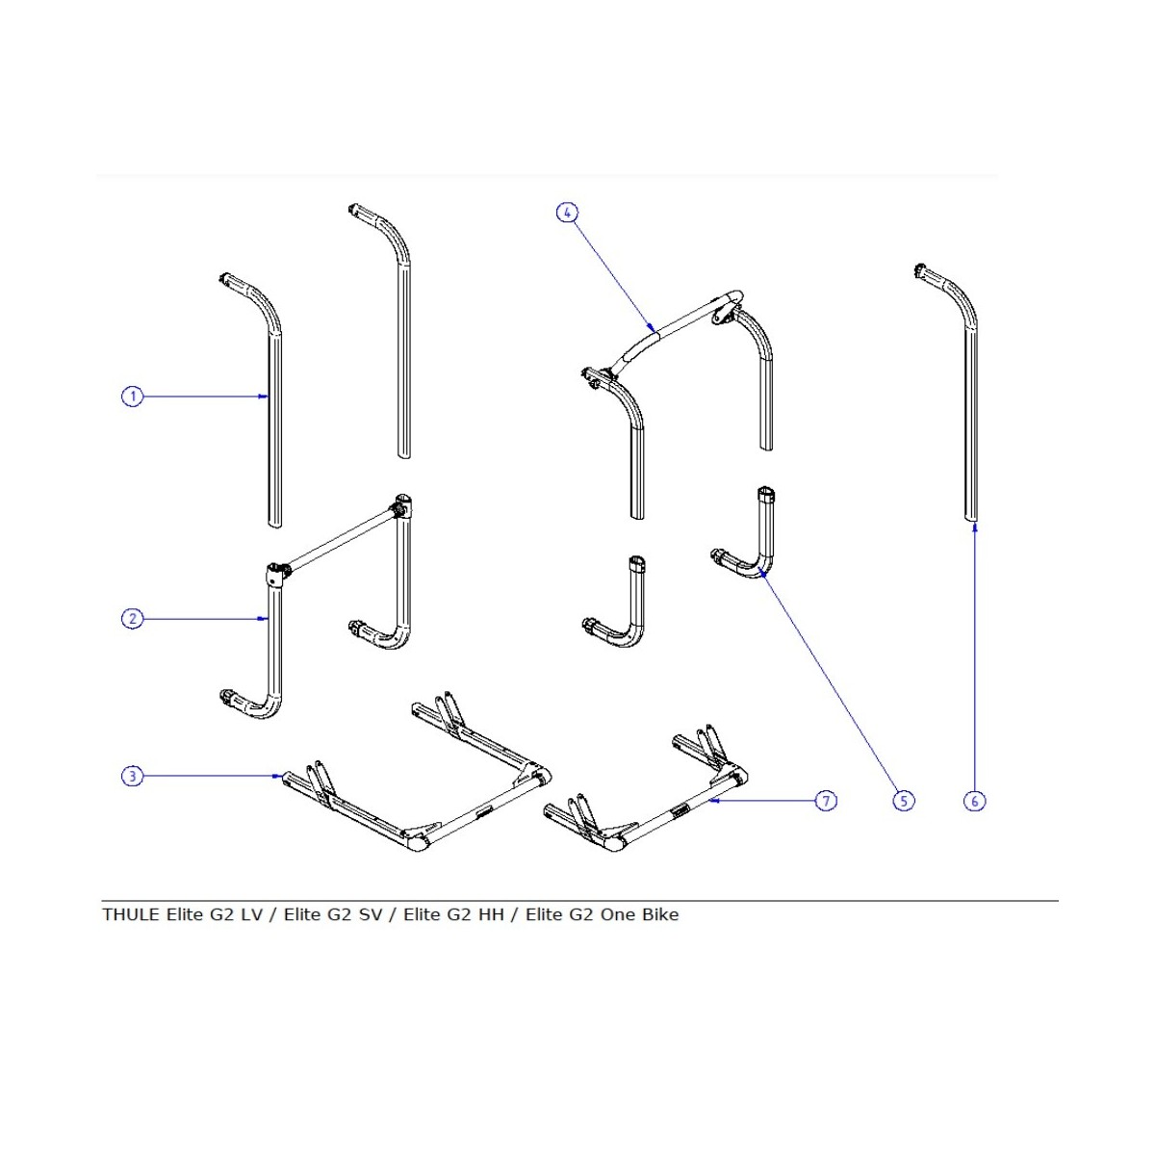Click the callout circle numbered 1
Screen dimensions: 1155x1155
point(132,396)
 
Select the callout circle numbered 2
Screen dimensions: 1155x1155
point(132,619)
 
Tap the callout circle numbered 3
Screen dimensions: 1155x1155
point(132,776)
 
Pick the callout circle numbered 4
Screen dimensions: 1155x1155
point(568,212)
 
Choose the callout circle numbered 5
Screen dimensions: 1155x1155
point(904,801)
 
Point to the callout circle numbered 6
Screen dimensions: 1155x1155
point(975,801)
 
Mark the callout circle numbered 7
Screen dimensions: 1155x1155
point(826,801)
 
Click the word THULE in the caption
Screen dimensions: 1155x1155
point(131,914)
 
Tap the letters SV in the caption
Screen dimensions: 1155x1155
point(371,914)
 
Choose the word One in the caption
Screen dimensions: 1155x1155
point(617,914)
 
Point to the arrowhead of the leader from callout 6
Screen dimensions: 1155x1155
point(974,525)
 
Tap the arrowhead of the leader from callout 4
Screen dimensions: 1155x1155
point(654,328)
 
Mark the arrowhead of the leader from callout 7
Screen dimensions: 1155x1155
point(713,800)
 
